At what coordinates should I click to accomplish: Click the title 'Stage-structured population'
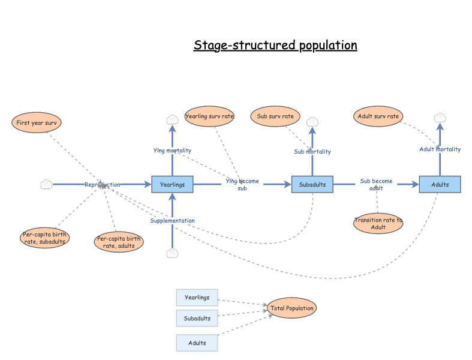[x=275, y=46]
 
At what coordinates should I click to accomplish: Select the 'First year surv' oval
[x=37, y=122]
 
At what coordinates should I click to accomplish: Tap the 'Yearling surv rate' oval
[x=209, y=116]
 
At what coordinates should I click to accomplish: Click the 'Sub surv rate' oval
[x=275, y=116]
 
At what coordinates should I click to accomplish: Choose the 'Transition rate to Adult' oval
[x=378, y=223]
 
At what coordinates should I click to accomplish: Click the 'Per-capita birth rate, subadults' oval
[x=45, y=238]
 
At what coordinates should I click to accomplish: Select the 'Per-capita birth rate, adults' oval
[x=119, y=242]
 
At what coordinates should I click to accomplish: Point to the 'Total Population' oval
[x=292, y=308]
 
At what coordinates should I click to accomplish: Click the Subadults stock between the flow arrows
[x=312, y=184]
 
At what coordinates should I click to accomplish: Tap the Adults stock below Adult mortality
[x=440, y=184]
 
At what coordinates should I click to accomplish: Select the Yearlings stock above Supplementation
[x=172, y=184]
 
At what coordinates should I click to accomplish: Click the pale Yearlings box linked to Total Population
[x=197, y=298]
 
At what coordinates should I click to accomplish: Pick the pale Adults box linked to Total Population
[x=197, y=343]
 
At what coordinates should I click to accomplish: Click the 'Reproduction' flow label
[x=102, y=185]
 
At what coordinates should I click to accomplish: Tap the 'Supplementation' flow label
[x=172, y=221]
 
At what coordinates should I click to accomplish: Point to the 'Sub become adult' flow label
[x=376, y=184]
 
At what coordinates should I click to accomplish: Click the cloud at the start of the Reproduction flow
[x=46, y=184]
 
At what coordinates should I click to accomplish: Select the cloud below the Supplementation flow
[x=172, y=253]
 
